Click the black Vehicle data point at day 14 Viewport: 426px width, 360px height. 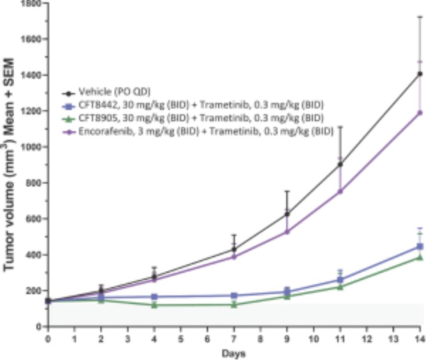point(419,74)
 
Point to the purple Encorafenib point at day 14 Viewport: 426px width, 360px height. point(419,113)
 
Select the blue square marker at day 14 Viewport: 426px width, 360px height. point(419,246)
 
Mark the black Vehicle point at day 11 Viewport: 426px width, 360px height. point(340,164)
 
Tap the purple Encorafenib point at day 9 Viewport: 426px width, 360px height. point(287,232)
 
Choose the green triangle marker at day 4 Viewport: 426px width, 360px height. point(154,305)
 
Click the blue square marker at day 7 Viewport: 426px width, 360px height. point(234,295)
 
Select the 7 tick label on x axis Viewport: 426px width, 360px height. point(234,338)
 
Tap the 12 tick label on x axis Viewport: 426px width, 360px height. point(366,338)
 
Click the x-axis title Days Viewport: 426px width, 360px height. point(234,353)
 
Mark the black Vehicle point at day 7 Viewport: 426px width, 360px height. point(234,249)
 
